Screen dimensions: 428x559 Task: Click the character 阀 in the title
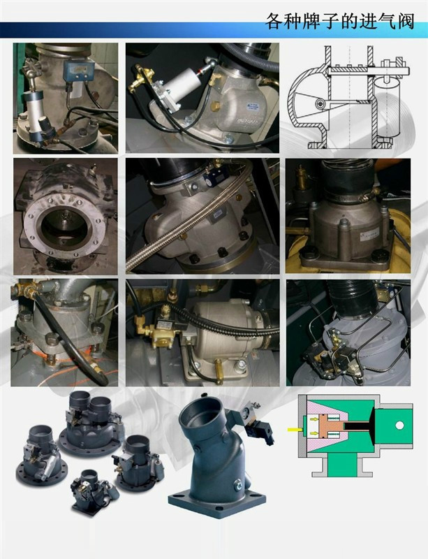(404, 22)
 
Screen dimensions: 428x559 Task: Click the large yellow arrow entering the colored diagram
(295, 429)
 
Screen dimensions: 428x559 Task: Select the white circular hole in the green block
(399, 426)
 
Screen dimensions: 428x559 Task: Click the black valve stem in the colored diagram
(357, 426)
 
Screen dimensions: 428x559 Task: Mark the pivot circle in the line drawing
(320, 103)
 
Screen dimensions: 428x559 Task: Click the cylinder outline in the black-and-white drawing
(386, 106)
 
